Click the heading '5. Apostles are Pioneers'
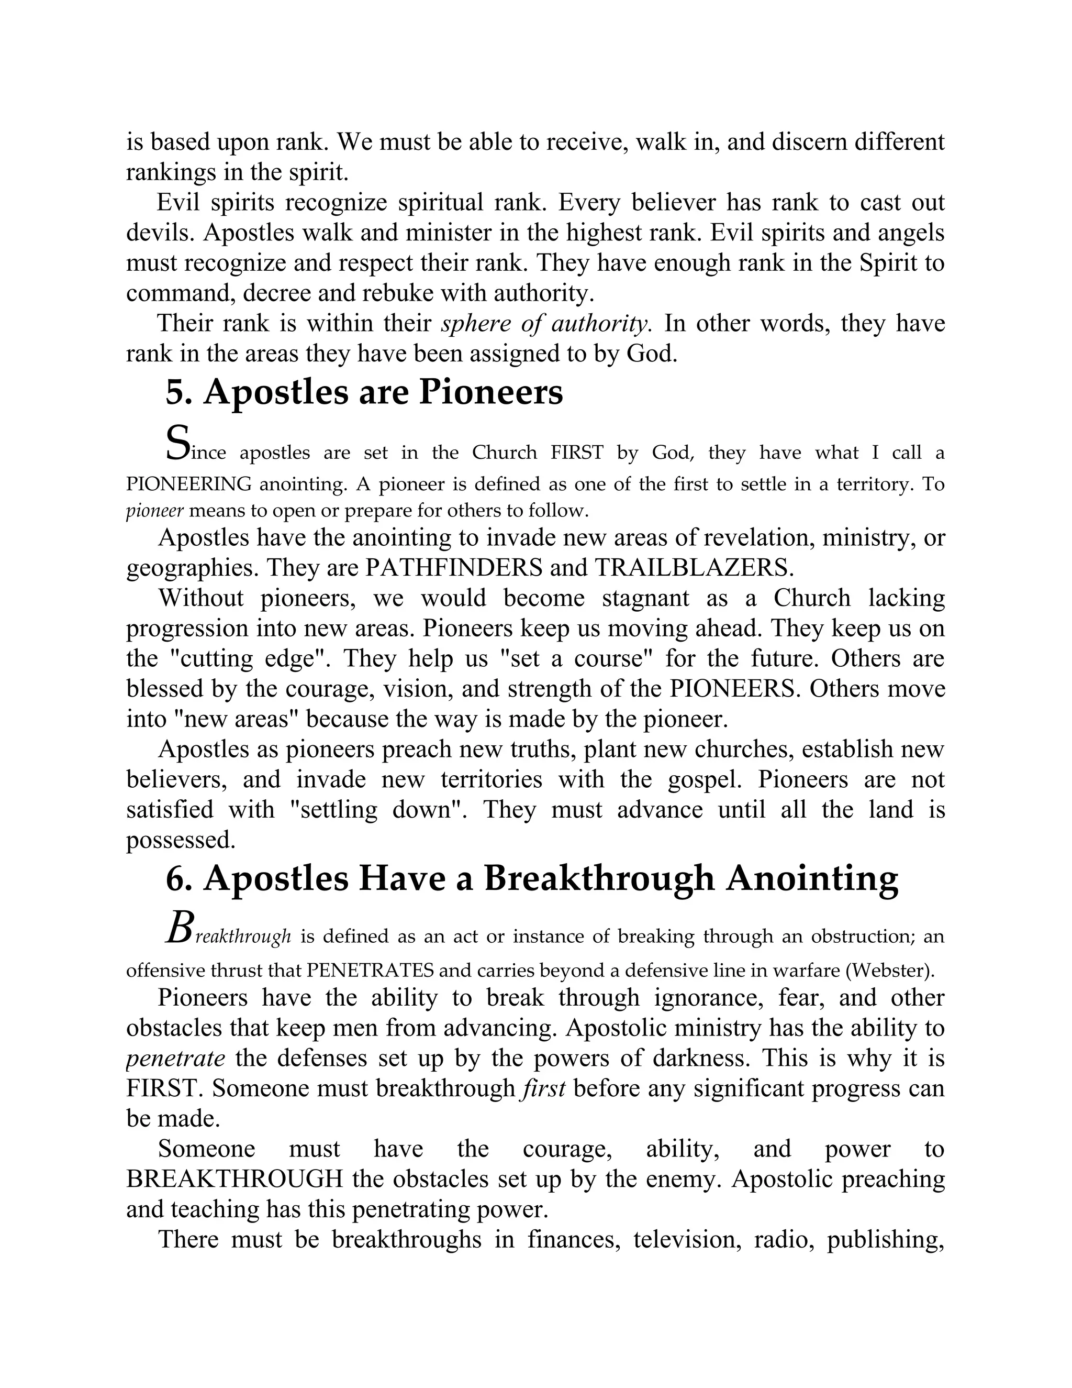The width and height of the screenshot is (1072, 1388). pyautogui.click(x=364, y=392)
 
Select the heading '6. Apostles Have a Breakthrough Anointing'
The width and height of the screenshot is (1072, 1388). pyautogui.click(x=532, y=878)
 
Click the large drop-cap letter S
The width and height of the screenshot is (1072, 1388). pyautogui.click(x=177, y=443)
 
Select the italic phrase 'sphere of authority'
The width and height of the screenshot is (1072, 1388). pyautogui.click(x=545, y=324)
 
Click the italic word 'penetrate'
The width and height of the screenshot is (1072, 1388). pyautogui.click(x=175, y=1058)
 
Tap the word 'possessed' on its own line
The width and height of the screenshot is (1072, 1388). pyautogui.click(x=181, y=840)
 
